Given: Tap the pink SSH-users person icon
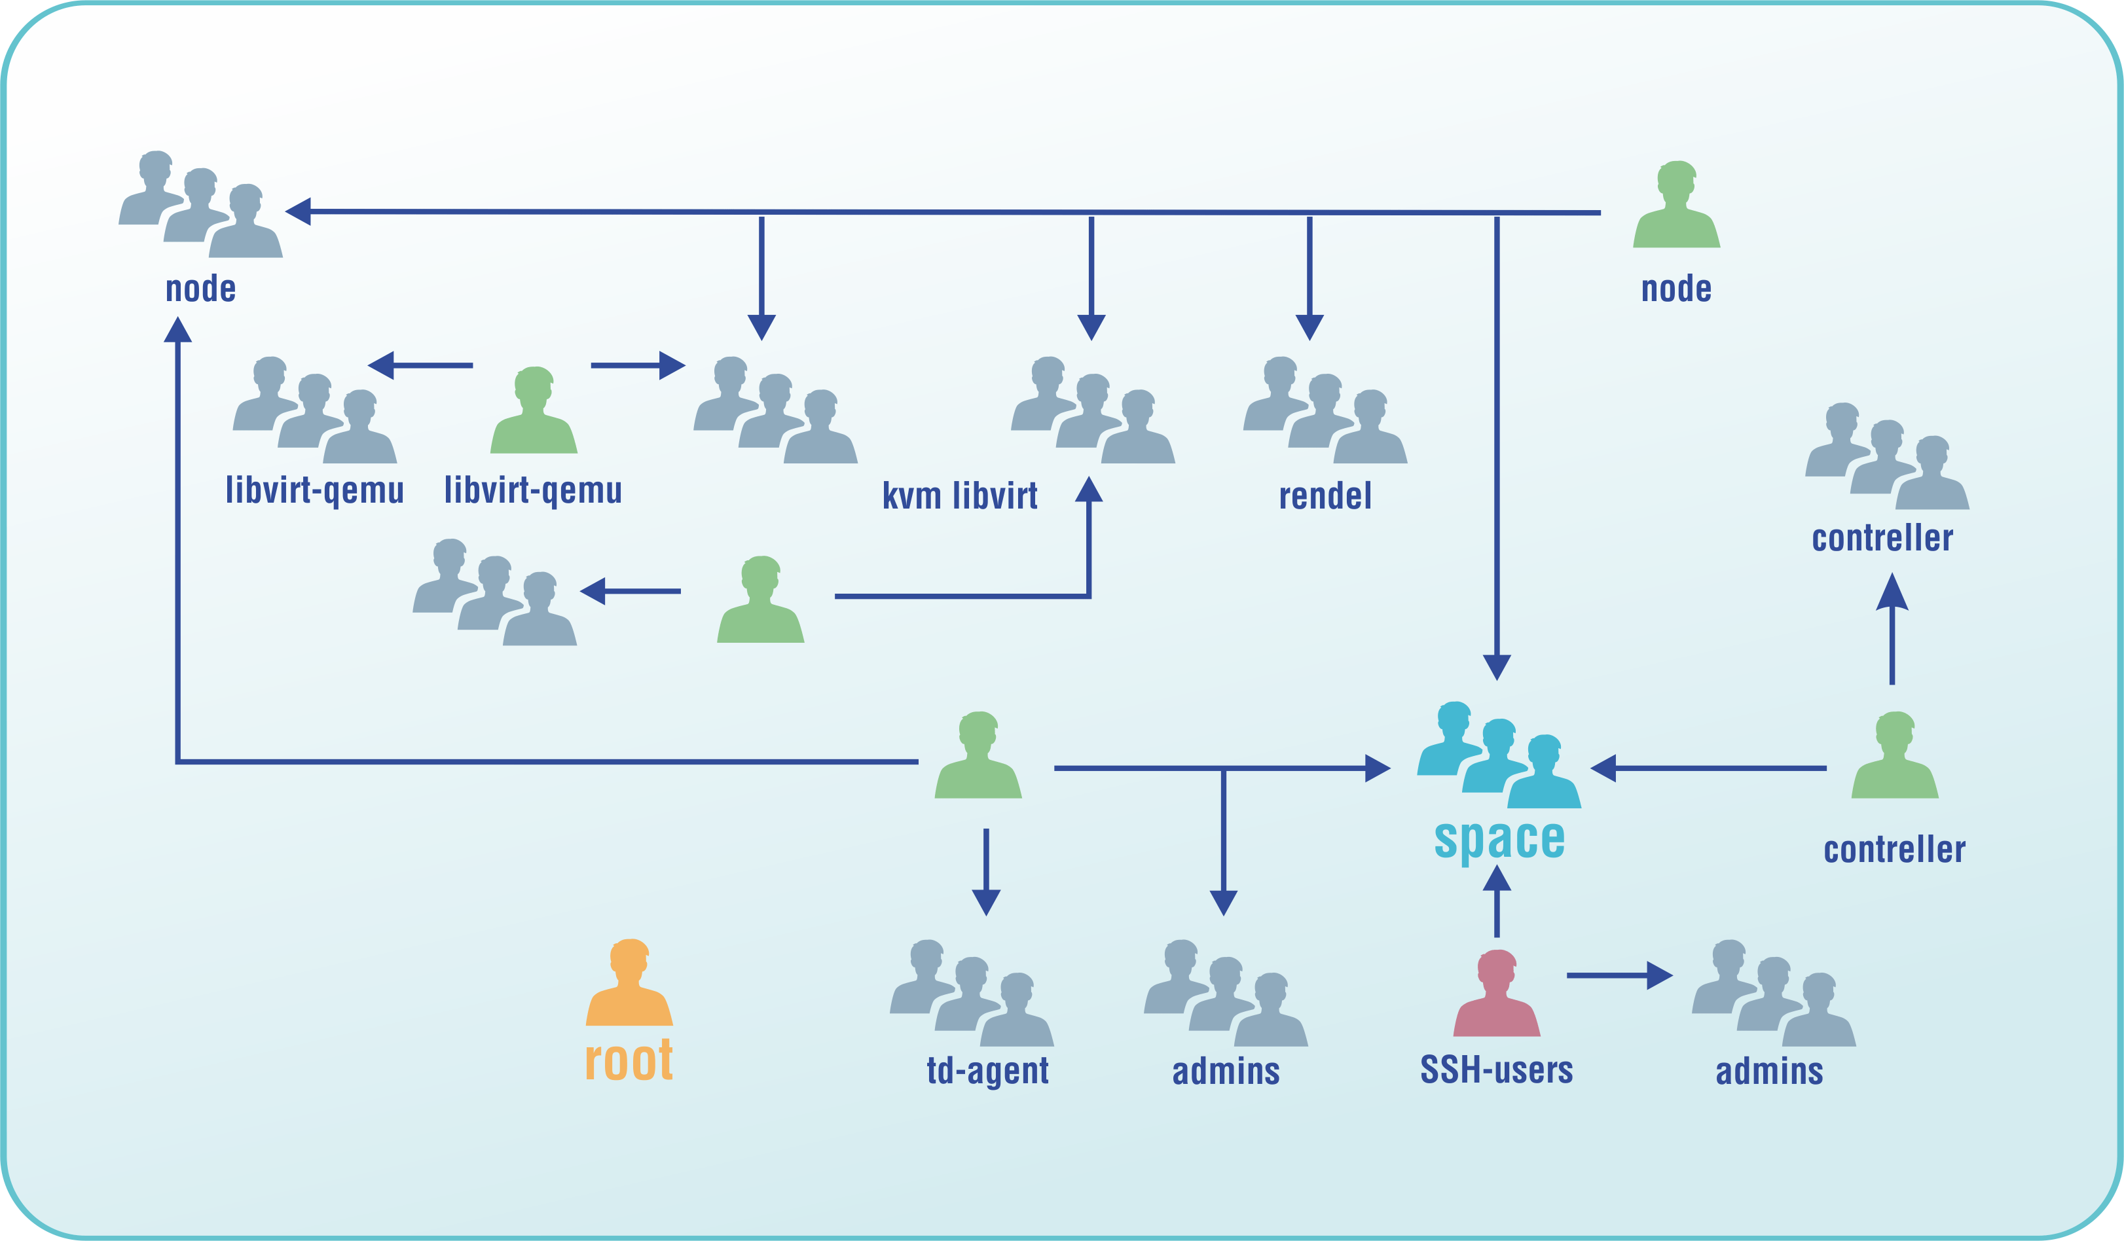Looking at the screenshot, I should click(x=1496, y=994).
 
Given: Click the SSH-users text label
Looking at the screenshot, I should click(x=1496, y=1070).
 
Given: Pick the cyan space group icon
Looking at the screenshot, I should click(x=1499, y=755).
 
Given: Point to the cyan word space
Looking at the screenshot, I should click(x=1499, y=839).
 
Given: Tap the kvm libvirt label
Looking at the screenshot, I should click(x=960, y=495).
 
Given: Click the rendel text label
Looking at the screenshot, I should click(x=1325, y=495).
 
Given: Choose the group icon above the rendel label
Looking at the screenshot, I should click(x=1325, y=410).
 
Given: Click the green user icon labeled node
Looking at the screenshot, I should click(x=1675, y=205).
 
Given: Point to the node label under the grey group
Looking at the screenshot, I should click(x=200, y=288).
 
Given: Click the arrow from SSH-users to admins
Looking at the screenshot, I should click(x=1619, y=976).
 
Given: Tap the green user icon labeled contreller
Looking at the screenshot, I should click(x=1895, y=756).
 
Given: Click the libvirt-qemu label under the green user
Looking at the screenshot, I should click(x=533, y=490).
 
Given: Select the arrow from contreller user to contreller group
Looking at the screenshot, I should click(x=1892, y=630).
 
